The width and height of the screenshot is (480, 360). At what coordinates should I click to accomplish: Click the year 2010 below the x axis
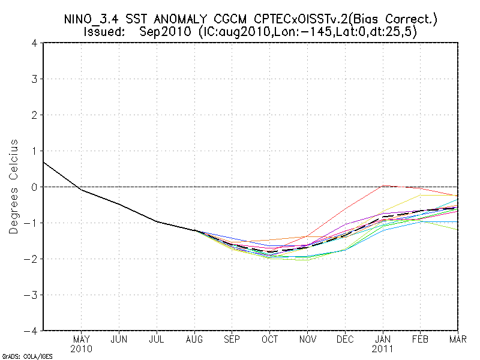[81, 348]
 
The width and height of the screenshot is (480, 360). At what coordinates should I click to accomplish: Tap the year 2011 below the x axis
[383, 348]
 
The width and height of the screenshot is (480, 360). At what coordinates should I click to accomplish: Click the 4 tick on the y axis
[34, 43]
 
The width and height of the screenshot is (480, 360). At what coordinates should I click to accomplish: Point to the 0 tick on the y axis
[34, 187]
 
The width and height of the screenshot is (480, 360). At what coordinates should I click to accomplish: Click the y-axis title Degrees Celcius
[13, 187]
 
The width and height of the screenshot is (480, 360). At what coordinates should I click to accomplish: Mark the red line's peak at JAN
[383, 186]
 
